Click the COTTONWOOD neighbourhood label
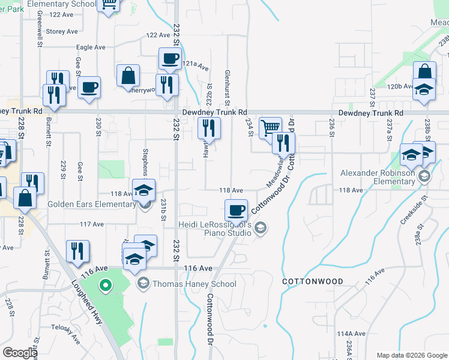point(313,281)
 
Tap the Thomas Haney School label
point(194,284)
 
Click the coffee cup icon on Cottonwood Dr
point(236,210)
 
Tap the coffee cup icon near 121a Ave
point(169,59)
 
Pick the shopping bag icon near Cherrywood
point(128,76)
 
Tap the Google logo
point(20,352)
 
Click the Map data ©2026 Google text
point(411,355)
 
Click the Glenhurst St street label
point(226,80)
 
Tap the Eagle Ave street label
point(91,47)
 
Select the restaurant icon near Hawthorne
point(209,127)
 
